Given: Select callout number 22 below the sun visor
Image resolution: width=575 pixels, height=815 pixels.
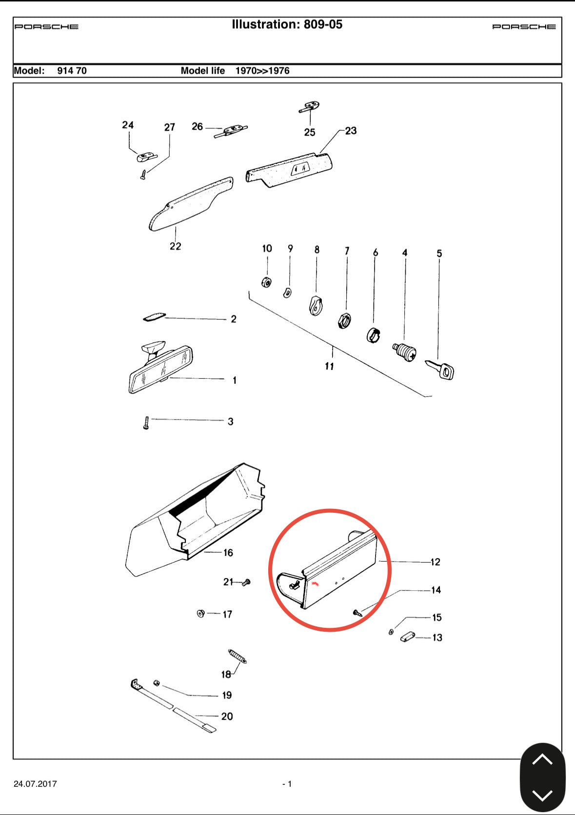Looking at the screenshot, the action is click(175, 246).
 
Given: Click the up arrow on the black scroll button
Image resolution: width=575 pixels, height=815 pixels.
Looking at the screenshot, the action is click(542, 759).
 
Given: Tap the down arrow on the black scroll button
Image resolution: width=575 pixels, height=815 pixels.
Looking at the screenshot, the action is click(542, 796).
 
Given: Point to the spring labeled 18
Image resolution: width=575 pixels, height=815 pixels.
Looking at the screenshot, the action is click(238, 656).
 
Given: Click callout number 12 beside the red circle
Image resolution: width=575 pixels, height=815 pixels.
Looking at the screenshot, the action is click(435, 562).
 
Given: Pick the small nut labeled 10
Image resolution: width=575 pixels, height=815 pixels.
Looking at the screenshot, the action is click(266, 282).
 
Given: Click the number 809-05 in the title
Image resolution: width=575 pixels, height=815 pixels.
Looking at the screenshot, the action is click(323, 24).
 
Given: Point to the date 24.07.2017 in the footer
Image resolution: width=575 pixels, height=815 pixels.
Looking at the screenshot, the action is click(35, 784).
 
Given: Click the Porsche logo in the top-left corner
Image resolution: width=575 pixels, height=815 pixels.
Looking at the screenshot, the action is click(46, 26).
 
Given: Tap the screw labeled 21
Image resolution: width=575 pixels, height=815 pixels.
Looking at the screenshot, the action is click(246, 582).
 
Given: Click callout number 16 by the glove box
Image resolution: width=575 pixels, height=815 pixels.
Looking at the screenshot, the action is click(228, 553).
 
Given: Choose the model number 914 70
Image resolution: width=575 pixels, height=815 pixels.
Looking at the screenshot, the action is click(72, 71).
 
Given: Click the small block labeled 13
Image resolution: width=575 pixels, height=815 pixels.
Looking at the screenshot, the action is click(408, 637).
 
